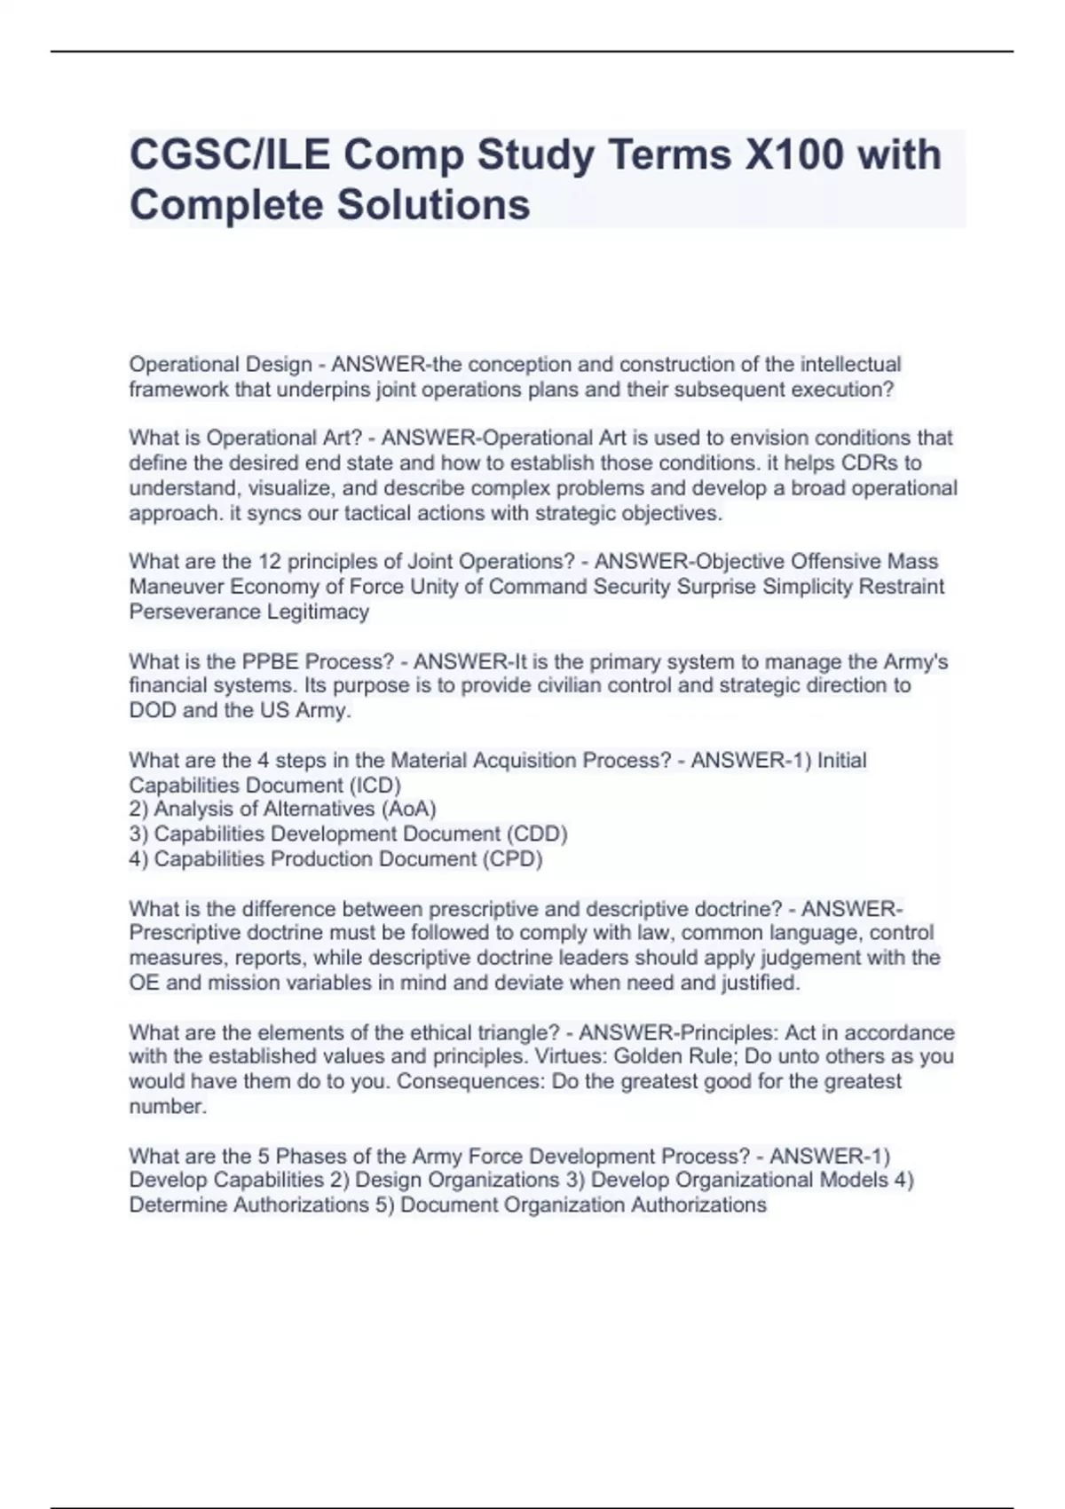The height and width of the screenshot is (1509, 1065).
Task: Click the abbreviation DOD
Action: coord(153,710)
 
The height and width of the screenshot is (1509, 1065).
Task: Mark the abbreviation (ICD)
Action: coord(375,785)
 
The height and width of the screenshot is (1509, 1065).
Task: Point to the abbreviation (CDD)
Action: coord(537,834)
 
